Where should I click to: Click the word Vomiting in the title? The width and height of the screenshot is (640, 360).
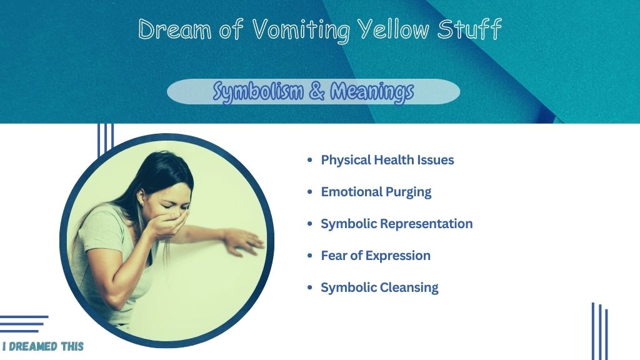tap(301, 30)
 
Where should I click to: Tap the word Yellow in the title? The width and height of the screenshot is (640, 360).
tap(393, 29)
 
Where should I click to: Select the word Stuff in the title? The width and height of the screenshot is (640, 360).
tap(469, 29)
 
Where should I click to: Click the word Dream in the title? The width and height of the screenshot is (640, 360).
tap(175, 29)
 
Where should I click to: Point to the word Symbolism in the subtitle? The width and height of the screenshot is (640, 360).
tap(258, 91)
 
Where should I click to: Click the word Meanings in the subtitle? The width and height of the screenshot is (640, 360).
tap(372, 91)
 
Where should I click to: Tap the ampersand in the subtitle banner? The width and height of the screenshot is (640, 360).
tap(317, 91)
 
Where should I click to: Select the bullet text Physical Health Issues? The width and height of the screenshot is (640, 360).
tap(387, 160)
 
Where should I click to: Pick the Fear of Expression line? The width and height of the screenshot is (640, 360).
tap(376, 256)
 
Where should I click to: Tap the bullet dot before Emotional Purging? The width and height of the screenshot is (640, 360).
tap(310, 192)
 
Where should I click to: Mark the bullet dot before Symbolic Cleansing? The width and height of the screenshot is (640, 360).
tap(310, 287)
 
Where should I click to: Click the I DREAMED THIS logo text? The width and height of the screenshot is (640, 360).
tap(43, 346)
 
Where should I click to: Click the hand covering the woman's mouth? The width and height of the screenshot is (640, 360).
tap(171, 222)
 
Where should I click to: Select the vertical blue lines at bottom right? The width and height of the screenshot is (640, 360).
tap(599, 331)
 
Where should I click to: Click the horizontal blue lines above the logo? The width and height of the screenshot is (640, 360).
tap(24, 324)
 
